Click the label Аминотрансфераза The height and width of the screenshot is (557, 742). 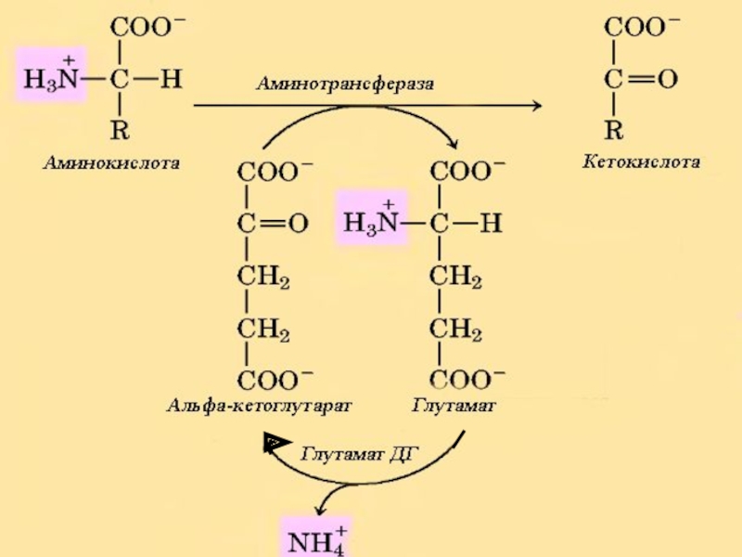click(x=345, y=83)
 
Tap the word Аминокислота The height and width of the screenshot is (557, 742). click(x=110, y=163)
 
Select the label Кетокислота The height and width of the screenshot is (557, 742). click(x=641, y=162)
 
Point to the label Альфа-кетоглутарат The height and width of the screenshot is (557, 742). click(x=261, y=406)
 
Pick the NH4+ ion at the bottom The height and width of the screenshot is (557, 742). click(x=314, y=538)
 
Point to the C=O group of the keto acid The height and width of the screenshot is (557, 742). click(x=640, y=80)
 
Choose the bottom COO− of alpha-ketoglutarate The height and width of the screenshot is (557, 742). click(x=275, y=379)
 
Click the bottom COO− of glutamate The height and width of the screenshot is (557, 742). click(x=467, y=379)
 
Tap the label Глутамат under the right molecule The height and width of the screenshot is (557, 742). click(x=454, y=406)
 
